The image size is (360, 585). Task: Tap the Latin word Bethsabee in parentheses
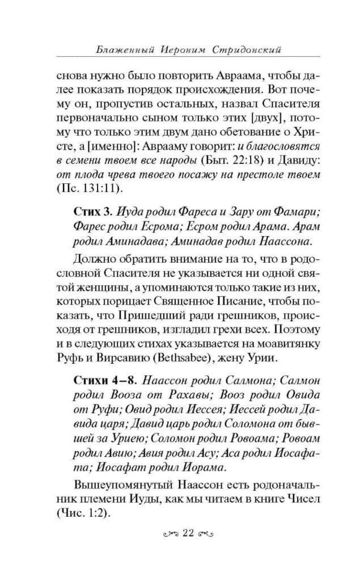click(x=197, y=357)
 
